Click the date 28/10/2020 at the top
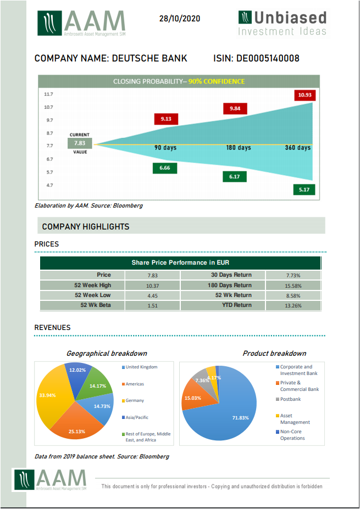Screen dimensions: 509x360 [x=179, y=19]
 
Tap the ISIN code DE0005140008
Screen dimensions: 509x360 [x=268, y=58]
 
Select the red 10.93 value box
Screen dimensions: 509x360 [x=304, y=95]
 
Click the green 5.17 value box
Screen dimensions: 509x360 [x=304, y=189]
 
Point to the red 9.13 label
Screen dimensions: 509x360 [x=166, y=119]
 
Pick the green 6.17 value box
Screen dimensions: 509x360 [x=235, y=176]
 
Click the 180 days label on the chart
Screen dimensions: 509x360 [x=238, y=148]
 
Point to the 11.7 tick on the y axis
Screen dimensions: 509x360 [x=48, y=94]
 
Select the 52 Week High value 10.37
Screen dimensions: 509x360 [x=153, y=286]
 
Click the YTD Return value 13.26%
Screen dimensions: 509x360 [x=293, y=306]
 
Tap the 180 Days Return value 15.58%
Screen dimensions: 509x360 [x=293, y=286]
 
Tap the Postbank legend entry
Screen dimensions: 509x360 [x=290, y=399]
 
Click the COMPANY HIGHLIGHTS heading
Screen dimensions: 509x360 [x=86, y=226]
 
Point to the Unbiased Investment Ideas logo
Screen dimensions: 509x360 [x=283, y=23]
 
